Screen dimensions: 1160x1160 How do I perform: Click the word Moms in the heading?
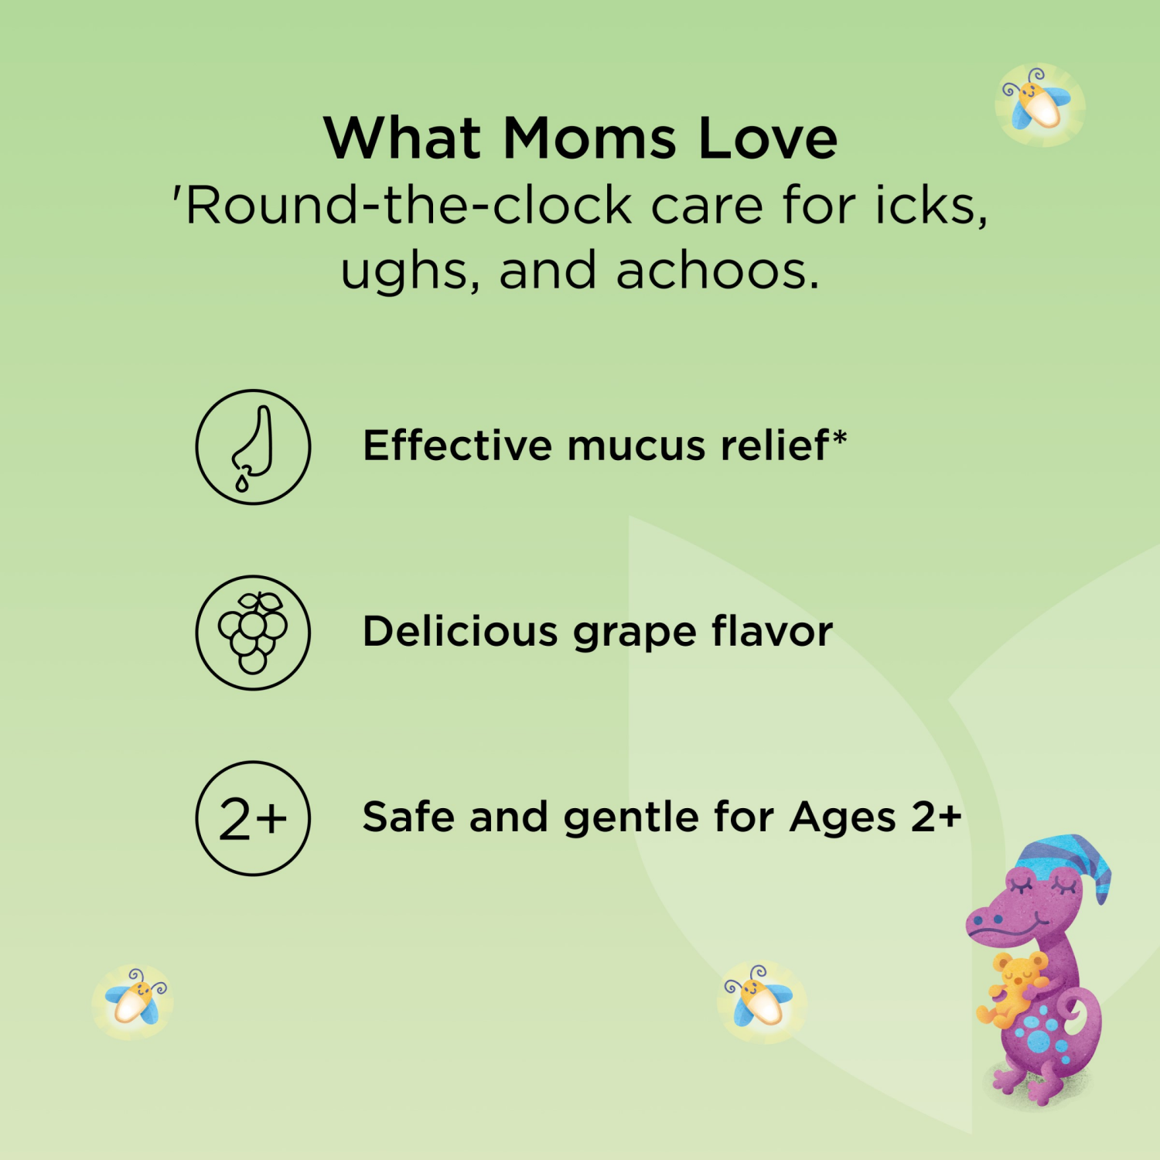pos(589,138)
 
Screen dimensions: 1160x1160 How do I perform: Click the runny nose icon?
pos(253,447)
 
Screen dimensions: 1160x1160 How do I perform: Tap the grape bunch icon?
pos(253,633)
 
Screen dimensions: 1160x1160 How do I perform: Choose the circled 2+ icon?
pos(253,818)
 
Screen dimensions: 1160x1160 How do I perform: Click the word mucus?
pos(636,446)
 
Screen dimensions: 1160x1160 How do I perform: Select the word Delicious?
pos(460,631)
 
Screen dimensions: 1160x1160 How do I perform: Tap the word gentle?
pos(631,818)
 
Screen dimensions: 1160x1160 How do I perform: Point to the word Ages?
pos(843,818)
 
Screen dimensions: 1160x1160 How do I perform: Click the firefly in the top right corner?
pos(1039,104)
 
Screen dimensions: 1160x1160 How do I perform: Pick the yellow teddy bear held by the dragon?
pos(1012,989)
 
